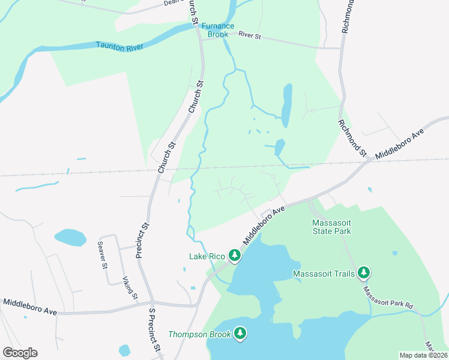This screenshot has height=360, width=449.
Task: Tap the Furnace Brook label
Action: click(218, 30)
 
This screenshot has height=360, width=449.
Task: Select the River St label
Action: click(250, 37)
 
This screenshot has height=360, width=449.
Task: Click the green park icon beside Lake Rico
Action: click(234, 256)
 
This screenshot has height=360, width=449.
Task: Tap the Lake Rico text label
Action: click(207, 257)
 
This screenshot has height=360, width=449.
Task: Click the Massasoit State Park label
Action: click(331, 226)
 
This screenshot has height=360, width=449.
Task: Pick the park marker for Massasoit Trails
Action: click(363, 273)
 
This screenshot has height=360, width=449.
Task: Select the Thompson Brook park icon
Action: click(240, 334)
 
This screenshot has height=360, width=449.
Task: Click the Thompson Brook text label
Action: click(199, 334)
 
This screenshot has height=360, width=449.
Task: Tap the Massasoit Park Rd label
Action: click(388, 298)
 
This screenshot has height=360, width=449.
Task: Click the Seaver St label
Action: click(104, 254)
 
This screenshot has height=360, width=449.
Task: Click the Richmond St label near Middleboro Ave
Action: click(352, 139)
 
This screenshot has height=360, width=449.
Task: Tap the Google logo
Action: click(20, 353)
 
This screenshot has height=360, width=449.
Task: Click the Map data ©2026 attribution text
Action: click(423, 355)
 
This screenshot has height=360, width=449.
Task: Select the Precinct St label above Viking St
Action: click(143, 240)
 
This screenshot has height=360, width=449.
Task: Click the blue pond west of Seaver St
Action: click(70, 237)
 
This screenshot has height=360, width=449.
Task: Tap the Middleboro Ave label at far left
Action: click(29, 307)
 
